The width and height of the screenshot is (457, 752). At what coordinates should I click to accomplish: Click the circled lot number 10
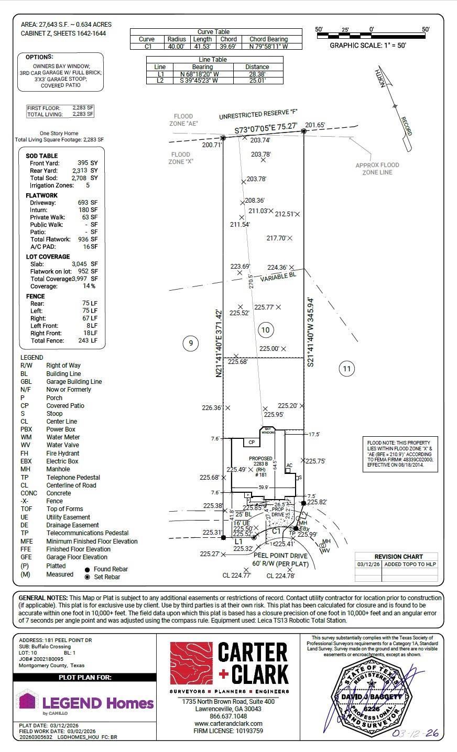point(266,330)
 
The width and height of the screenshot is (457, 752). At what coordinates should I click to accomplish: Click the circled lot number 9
point(191,344)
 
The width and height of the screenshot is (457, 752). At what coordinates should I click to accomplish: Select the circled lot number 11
point(346,369)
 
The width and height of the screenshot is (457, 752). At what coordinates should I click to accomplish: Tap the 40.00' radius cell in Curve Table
point(176,46)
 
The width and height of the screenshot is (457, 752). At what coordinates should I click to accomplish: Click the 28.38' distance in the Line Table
point(257,74)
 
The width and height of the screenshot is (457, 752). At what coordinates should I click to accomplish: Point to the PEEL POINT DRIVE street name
point(280,555)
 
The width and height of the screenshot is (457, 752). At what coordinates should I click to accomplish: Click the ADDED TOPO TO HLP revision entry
point(410,564)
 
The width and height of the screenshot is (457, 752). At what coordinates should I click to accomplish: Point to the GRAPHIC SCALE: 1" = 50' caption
point(368,46)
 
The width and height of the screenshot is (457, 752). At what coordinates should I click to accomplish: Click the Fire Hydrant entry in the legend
point(63,453)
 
